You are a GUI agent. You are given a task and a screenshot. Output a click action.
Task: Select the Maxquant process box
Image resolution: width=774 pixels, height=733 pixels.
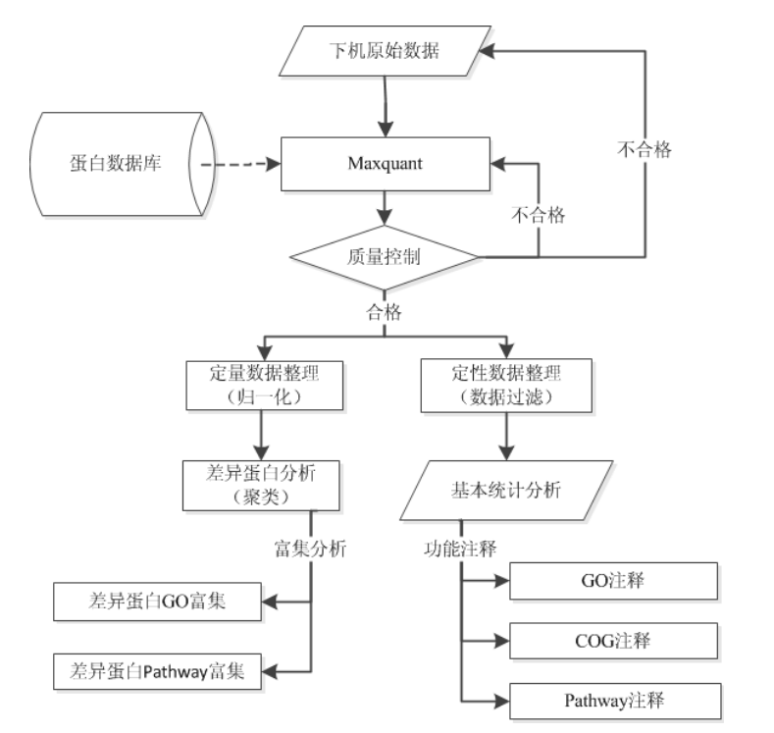(385, 164)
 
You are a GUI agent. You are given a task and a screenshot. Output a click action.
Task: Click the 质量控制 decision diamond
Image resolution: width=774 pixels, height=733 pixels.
(384, 258)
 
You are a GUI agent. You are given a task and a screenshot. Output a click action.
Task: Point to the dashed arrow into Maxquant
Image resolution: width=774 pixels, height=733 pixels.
(241, 165)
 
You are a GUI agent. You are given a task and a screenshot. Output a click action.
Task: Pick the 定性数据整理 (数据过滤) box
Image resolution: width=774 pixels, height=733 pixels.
(504, 385)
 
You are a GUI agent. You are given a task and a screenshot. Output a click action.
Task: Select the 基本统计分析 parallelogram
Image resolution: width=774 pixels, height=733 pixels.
(504, 490)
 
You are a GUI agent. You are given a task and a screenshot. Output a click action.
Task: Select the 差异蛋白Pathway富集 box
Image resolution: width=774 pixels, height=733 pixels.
(157, 671)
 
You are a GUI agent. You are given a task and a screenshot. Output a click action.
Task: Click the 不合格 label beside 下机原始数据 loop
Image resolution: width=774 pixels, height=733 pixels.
(645, 148)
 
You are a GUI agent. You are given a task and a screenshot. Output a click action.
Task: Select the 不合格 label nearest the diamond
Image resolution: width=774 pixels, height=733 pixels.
(539, 216)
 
